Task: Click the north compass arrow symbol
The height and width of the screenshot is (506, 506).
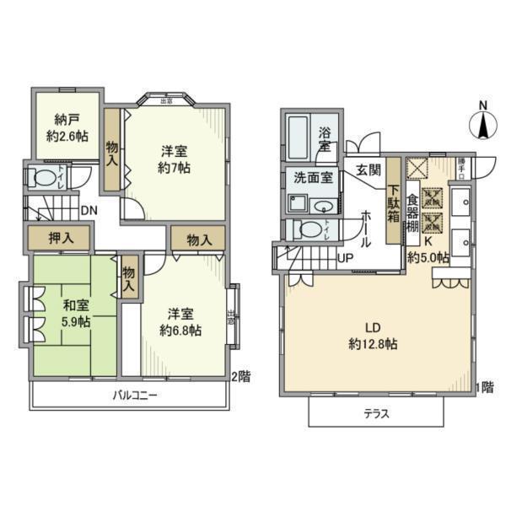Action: point(482,127)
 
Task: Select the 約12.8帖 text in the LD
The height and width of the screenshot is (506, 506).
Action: point(372,343)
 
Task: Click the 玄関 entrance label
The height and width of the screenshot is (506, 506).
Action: point(366,169)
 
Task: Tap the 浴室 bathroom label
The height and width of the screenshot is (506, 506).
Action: point(326,139)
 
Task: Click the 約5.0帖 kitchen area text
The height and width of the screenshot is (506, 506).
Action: point(428,258)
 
